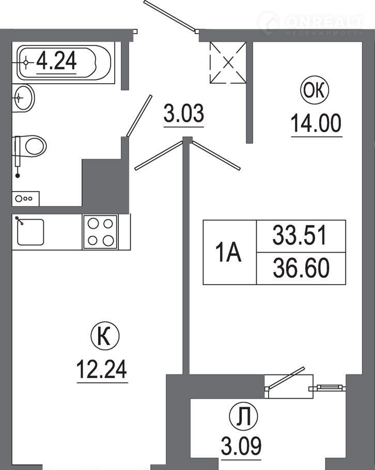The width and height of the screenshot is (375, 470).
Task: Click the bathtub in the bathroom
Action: point(64,62)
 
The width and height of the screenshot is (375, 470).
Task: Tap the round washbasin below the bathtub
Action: point(23,98)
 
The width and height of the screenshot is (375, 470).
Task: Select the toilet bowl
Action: point(30,146)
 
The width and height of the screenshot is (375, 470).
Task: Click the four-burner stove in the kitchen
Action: point(100,232)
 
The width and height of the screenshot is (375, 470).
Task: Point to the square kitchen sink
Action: point(30,232)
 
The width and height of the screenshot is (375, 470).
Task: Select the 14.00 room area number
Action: point(316,123)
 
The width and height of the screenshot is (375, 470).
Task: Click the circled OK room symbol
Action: point(315,90)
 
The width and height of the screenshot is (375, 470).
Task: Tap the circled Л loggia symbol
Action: point(243,416)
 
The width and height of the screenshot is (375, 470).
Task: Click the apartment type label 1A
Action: point(229,253)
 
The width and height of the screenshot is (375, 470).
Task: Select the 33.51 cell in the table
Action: point(301,236)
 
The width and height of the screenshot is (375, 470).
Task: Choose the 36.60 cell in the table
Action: point(301,268)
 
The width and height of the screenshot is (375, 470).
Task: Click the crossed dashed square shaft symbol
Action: point(228,62)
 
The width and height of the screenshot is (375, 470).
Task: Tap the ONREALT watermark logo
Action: point(311,23)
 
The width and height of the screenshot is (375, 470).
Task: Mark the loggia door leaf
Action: point(286,378)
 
